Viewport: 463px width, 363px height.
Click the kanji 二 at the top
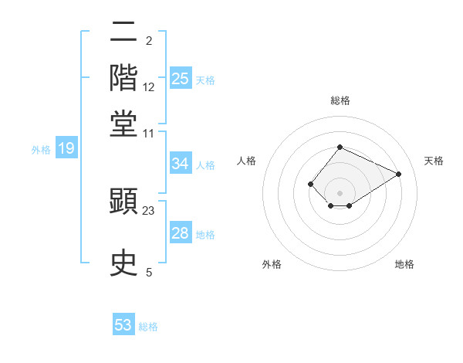tap(124, 33)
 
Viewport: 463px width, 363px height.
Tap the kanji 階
tap(124, 78)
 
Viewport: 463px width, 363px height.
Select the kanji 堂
tap(124, 123)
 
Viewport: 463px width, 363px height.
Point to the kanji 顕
tap(124, 203)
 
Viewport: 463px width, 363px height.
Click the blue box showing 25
tap(181, 79)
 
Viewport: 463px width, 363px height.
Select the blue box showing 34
tap(181, 164)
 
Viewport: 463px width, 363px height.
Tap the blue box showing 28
tap(181, 233)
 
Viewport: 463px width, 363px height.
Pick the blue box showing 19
tap(66, 148)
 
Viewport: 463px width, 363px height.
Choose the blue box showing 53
tap(123, 325)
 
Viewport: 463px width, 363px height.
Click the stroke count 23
tap(149, 209)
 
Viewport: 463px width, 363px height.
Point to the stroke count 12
tap(149, 87)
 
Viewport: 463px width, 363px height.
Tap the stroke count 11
tap(149, 133)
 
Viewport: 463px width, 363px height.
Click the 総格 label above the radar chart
tap(340, 100)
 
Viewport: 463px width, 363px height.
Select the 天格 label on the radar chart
tap(434, 161)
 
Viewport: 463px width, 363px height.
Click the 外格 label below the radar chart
tap(272, 264)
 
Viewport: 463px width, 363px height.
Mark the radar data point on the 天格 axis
tap(399, 174)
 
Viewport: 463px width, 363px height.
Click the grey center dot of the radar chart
tap(340, 192)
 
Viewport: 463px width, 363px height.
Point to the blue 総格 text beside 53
tap(148, 327)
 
